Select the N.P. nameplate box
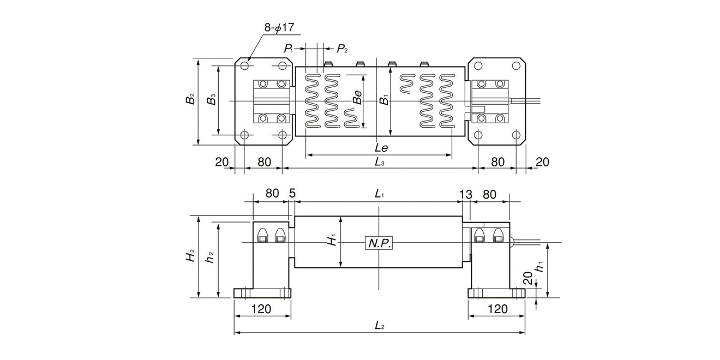pyautogui.click(x=379, y=243)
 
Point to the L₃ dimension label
pyautogui.click(x=380, y=161)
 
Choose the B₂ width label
pyautogui.click(x=190, y=100)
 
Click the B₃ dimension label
pyautogui.click(x=212, y=100)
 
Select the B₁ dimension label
pyautogui.click(x=385, y=100)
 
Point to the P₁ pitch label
pyautogui.click(x=289, y=49)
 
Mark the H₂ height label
pyautogui.click(x=190, y=255)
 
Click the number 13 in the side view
pyautogui.click(x=465, y=194)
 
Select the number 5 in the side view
pyautogui.click(x=292, y=194)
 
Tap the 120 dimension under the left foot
pyautogui.click(x=261, y=309)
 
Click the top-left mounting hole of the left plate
pyautogui.click(x=244, y=66)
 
